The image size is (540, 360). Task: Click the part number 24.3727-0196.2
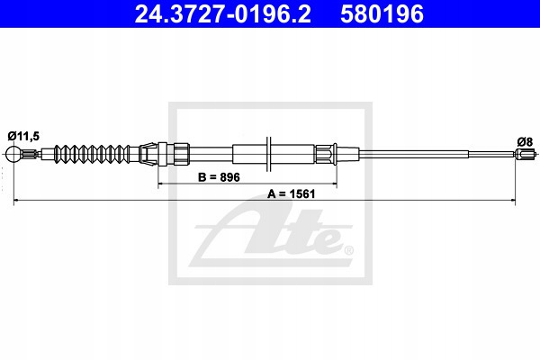coord(213,14)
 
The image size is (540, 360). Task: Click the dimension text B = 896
coord(219,177)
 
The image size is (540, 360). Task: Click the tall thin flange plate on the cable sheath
coord(269,154)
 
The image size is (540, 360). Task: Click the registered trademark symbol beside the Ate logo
coord(348,249)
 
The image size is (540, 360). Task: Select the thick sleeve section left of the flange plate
coord(248,154)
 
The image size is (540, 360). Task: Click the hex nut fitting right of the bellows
coord(178,154)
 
